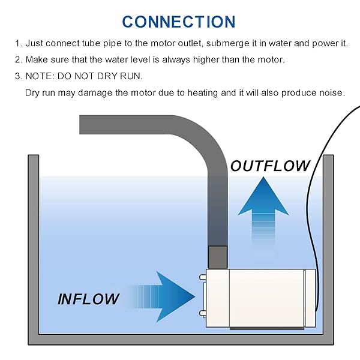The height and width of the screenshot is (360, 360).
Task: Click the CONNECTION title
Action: coord(179,22)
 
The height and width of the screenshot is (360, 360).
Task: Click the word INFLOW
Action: coord(88,298)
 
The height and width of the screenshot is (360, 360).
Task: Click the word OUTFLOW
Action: coord(271,166)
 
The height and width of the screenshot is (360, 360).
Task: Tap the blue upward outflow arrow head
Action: coord(263,195)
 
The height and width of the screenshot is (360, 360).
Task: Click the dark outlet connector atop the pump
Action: coord(217,257)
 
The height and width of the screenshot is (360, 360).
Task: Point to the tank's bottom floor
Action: coord(180,339)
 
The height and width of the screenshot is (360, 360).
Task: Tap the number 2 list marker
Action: coord(18,60)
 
